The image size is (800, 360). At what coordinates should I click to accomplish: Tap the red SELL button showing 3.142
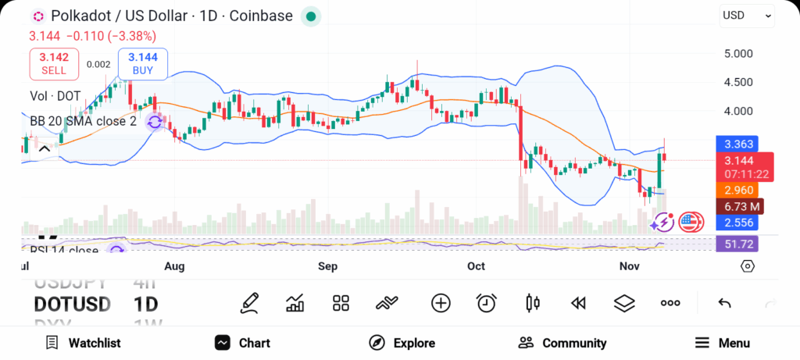54,63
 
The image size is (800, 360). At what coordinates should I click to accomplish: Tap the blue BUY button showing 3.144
143,63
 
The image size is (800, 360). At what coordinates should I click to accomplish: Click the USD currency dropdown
746,16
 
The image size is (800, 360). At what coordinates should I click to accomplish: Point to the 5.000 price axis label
738,54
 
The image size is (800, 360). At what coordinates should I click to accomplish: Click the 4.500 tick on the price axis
738,82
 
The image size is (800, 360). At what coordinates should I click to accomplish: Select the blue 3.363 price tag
738,144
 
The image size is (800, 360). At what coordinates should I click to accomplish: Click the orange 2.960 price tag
738,190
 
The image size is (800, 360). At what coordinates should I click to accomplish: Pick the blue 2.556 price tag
738,223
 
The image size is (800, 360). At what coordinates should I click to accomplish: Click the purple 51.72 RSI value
738,244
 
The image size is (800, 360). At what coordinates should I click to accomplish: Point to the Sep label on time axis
328,266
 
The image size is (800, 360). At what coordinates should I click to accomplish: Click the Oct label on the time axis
476,266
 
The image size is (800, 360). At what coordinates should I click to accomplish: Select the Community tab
562,343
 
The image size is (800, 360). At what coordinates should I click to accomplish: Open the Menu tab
723,343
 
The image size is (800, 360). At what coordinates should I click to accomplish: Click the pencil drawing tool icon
250,302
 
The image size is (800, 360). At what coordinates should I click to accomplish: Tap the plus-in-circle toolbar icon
441,303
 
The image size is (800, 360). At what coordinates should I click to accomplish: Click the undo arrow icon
724,303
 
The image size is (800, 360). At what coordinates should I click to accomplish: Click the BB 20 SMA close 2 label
83,121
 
